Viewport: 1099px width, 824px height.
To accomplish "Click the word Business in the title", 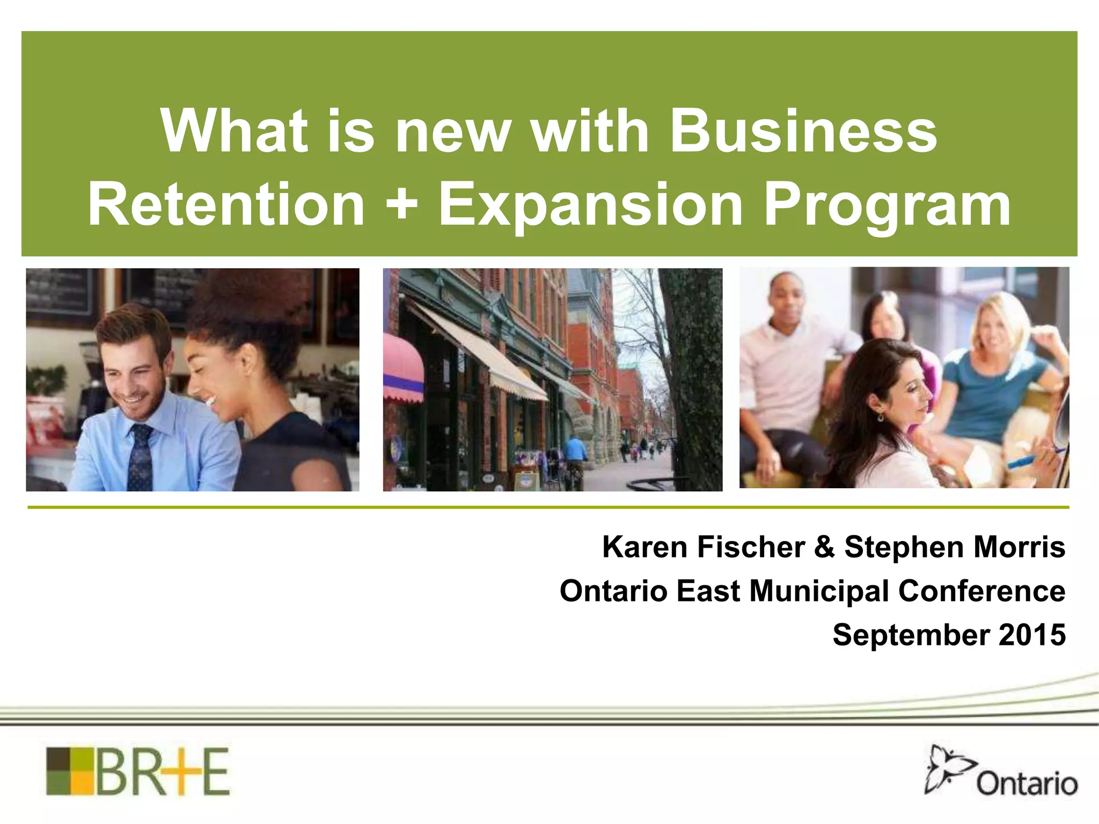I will click(x=803, y=131).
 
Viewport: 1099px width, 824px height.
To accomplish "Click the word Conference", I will click(x=981, y=591).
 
